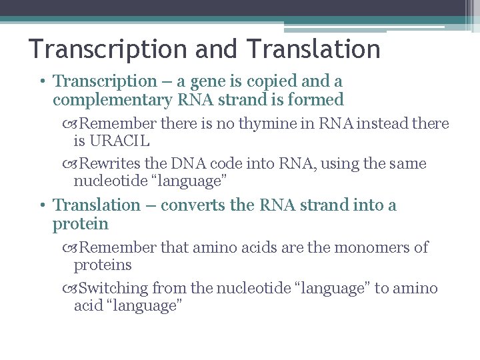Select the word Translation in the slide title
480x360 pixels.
[313, 49]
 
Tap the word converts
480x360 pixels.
[191, 205]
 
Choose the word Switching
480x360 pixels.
[113, 288]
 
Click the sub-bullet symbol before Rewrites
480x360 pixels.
[72, 165]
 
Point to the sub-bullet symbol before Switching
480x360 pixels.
[72, 289]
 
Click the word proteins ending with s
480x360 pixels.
[103, 265]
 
